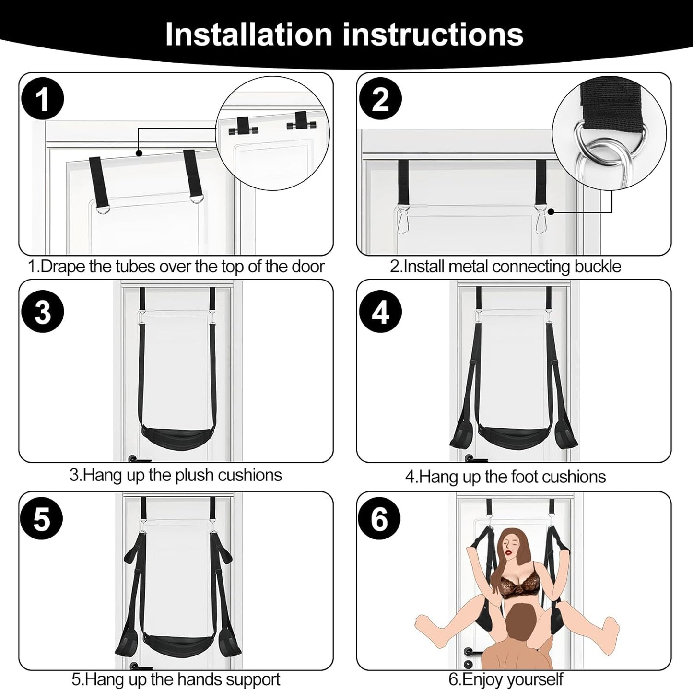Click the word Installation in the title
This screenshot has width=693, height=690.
click(248, 34)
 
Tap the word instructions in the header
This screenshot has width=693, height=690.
click(431, 34)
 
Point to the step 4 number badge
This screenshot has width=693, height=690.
click(380, 312)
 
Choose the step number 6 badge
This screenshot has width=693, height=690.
click(380, 519)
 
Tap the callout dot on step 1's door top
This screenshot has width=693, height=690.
click(139, 153)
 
